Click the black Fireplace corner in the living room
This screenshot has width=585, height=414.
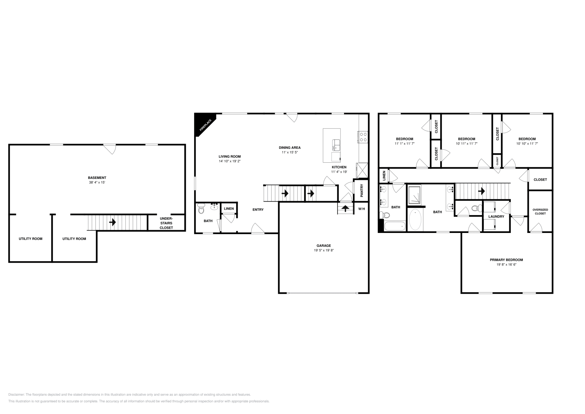(x=202, y=123)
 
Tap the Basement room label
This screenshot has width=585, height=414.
(x=97, y=178)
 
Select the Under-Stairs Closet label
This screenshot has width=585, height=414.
(x=166, y=223)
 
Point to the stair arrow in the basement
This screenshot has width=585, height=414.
(x=113, y=222)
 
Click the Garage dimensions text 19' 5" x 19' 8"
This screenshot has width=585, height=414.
(x=324, y=251)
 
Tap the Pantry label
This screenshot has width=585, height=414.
(x=362, y=191)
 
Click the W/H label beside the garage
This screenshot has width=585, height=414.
(x=361, y=209)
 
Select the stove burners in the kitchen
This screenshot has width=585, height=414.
(x=363, y=137)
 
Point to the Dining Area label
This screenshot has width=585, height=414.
(x=290, y=148)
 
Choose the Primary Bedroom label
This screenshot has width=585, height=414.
(x=506, y=260)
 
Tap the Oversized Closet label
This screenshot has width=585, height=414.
(x=540, y=211)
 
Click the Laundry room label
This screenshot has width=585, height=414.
(x=496, y=217)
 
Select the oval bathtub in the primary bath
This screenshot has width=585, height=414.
(x=415, y=220)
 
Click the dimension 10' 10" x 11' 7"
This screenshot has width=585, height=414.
(x=527, y=144)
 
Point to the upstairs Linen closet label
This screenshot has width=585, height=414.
(x=384, y=176)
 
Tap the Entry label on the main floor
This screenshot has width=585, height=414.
(x=258, y=210)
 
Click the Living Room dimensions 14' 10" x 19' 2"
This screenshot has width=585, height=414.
(x=230, y=161)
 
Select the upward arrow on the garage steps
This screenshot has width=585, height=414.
(x=345, y=209)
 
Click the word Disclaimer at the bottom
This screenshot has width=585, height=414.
(x=16, y=395)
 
